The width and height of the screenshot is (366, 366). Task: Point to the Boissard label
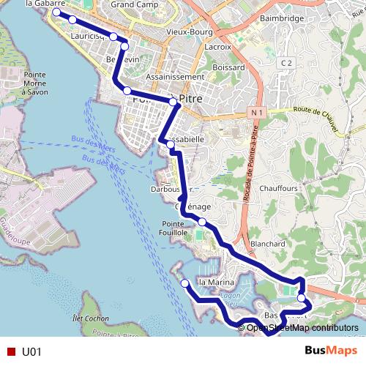click(x=229, y=67)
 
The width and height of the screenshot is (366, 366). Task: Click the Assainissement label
click(x=174, y=76)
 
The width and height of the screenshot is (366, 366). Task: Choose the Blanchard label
click(x=267, y=243)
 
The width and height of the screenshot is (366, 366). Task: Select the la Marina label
click(x=215, y=282)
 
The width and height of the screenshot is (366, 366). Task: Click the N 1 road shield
click(x=255, y=113)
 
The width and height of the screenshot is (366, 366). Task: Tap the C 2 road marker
click(x=286, y=64)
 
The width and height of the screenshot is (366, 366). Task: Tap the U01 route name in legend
click(x=31, y=351)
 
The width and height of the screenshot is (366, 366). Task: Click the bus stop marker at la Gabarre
click(x=56, y=12)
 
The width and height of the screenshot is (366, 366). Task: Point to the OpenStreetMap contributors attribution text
click(x=302, y=327)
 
